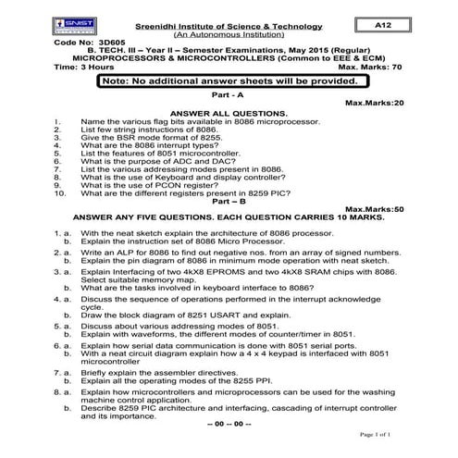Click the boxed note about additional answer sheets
pyautogui.click(x=228, y=82)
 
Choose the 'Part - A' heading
pyautogui.click(x=228, y=96)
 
